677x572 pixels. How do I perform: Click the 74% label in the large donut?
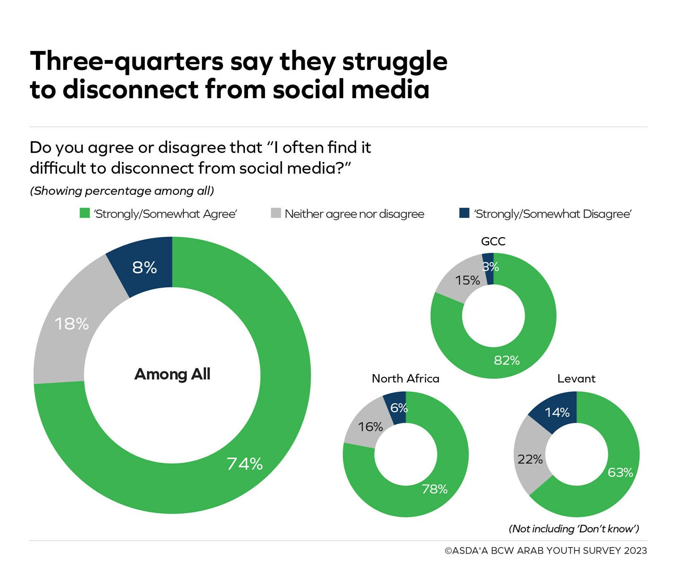click(x=245, y=464)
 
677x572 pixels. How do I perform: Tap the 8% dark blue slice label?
click(x=144, y=268)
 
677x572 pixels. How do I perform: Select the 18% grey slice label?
click(x=72, y=324)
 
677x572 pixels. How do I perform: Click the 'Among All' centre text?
click(x=172, y=374)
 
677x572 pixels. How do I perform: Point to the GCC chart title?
click(x=493, y=241)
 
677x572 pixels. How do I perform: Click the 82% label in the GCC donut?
click(x=506, y=360)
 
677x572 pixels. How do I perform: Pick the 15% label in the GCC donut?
click(x=468, y=281)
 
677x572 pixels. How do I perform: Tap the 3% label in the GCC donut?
click(x=490, y=267)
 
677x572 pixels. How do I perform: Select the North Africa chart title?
click(x=405, y=378)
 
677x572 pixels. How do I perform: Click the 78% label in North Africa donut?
click(x=435, y=489)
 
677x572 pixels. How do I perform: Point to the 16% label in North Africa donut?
click(x=370, y=427)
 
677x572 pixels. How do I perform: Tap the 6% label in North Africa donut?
click(x=399, y=408)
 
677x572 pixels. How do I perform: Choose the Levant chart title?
click(x=576, y=378)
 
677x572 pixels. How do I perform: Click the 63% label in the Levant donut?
click(x=620, y=472)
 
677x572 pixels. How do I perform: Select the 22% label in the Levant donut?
click(x=530, y=459)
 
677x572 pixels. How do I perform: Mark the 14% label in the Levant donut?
click(x=557, y=413)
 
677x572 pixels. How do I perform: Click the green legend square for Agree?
click(x=85, y=213)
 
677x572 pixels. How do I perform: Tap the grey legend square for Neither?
click(x=276, y=213)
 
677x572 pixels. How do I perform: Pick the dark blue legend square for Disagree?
click(x=464, y=213)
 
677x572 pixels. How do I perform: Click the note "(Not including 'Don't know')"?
click(x=573, y=528)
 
